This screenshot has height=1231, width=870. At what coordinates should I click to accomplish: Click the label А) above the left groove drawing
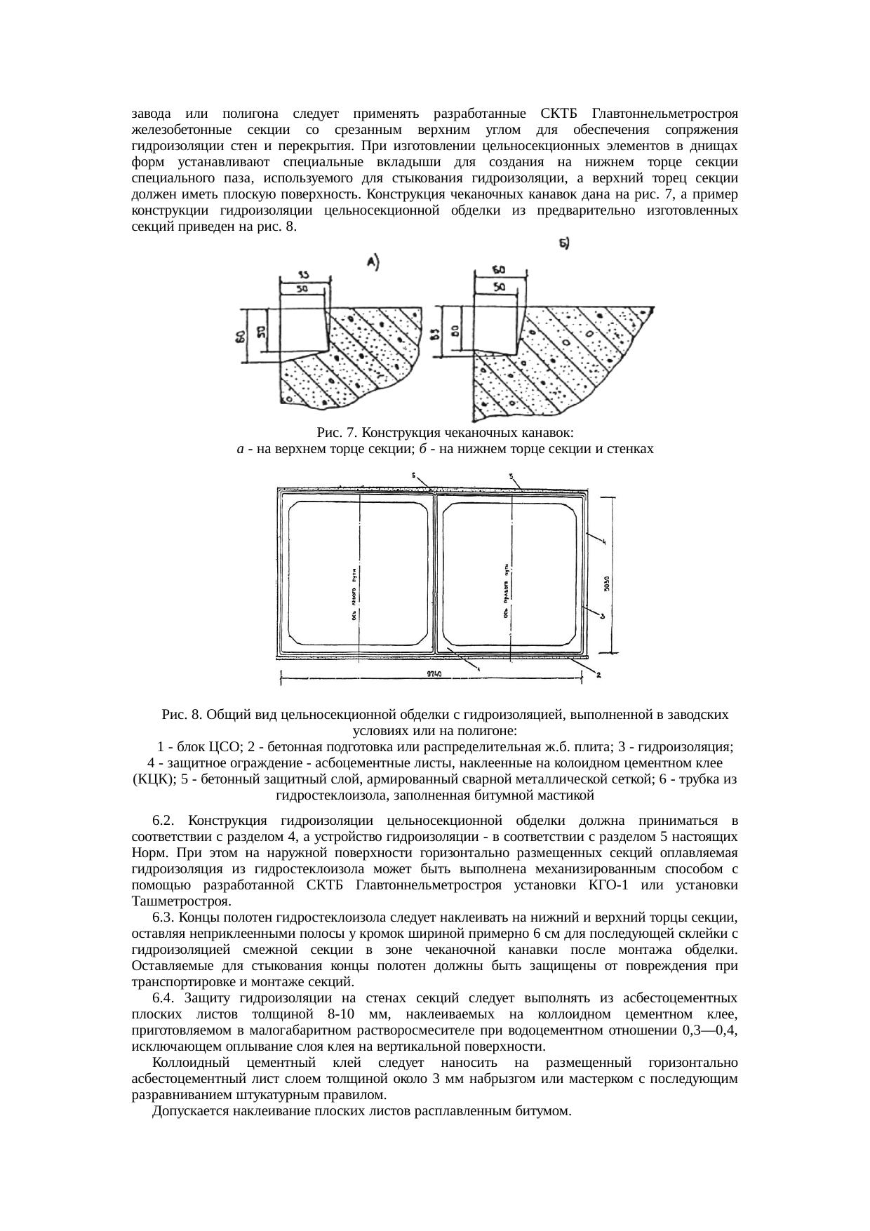point(373,262)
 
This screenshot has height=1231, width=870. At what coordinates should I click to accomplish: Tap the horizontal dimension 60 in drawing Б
point(500,270)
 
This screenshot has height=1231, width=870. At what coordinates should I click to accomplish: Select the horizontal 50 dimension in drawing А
point(302,288)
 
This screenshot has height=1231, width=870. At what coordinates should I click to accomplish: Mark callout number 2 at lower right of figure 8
point(598,675)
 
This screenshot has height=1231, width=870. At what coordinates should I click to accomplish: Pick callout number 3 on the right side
point(602,615)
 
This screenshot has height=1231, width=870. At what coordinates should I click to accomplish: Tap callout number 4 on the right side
point(602,538)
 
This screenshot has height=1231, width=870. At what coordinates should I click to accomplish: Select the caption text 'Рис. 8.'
point(182,715)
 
